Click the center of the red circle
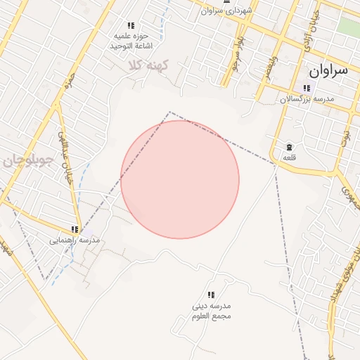pos(180,179)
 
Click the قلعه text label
pos(289,157)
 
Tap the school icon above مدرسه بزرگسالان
pos(306,88)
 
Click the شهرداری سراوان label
pos(226,11)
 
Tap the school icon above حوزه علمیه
pos(131,25)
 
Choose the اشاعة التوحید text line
pos(131,46)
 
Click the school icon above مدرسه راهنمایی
pos(75,229)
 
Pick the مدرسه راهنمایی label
pos(75,240)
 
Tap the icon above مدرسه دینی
pos(210,295)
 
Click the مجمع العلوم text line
pos(211,316)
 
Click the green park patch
pos(348,27)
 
